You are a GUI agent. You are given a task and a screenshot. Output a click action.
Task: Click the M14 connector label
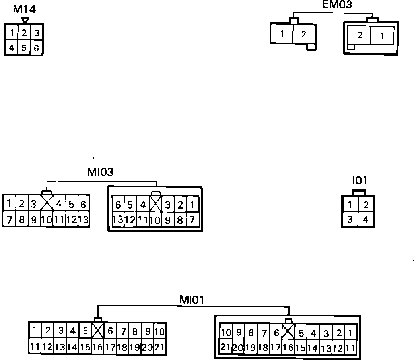tap(24, 9)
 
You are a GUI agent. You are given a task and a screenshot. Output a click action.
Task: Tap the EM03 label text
tap(337, 5)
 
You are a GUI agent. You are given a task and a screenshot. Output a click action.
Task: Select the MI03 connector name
tap(100, 172)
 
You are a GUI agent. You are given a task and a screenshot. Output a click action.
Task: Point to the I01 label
tap(360, 181)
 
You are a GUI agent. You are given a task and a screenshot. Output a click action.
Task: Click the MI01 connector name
tap(191, 299)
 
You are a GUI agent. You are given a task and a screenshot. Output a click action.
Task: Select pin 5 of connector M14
tap(24, 48)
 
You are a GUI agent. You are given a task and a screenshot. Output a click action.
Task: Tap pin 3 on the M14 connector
tap(37, 33)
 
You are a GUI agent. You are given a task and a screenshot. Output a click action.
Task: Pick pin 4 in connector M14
tap(12, 48)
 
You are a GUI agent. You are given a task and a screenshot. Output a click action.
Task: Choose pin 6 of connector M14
tap(37, 48)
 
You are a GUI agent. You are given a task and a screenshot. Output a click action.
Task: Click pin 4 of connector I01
tap(366, 219)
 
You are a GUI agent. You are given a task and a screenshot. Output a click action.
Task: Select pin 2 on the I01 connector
tap(366, 205)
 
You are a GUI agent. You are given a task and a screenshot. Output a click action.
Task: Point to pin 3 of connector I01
tap(350, 219)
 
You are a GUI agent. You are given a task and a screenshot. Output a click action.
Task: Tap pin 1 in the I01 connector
tap(350, 205)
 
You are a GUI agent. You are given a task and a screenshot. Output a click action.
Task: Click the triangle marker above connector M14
tap(25, 20)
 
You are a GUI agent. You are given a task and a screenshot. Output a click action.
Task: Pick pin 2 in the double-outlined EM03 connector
tap(360, 35)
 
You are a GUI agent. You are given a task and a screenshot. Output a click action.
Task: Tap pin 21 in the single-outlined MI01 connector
tap(159, 347)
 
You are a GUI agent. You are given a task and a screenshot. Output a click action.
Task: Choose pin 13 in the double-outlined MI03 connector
tap(118, 219)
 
